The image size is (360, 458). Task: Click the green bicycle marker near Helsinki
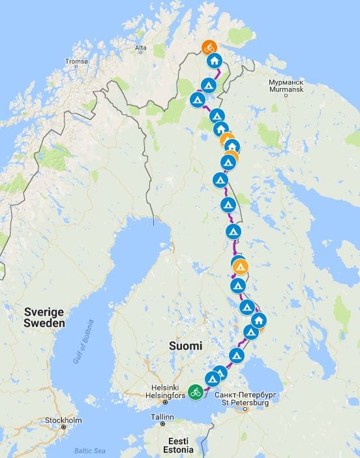(x=195, y=392)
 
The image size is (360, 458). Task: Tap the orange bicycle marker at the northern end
(x=209, y=47)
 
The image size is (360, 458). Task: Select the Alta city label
(x=140, y=48)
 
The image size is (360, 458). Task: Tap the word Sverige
(x=44, y=312)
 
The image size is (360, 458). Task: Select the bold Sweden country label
(x=44, y=323)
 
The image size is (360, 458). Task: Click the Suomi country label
(x=186, y=345)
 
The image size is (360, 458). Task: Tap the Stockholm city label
(x=64, y=420)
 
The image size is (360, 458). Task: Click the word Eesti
(x=177, y=441)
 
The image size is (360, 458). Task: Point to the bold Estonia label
(x=177, y=450)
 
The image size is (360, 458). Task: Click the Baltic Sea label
(x=88, y=450)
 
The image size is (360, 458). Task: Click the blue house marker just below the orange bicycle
(x=214, y=61)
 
